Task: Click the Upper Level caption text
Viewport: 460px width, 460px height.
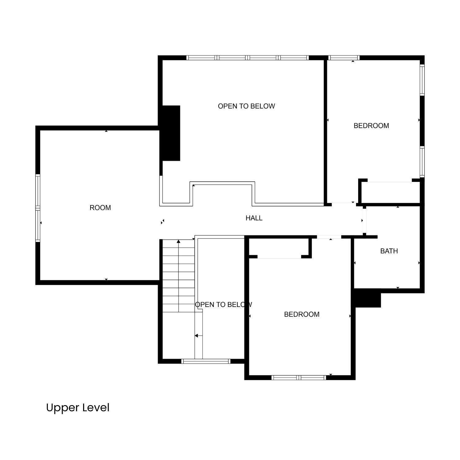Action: click(x=78, y=408)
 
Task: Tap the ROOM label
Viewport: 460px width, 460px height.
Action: click(x=100, y=208)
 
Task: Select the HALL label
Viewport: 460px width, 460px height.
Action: click(x=254, y=218)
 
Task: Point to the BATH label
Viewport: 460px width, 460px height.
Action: click(x=389, y=251)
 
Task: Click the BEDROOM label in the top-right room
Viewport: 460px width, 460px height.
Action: click(x=371, y=125)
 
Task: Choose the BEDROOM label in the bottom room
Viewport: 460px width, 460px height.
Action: click(x=301, y=314)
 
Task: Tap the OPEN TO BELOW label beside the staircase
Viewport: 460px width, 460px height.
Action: click(x=223, y=305)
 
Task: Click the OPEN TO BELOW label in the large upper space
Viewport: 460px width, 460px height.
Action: click(x=246, y=106)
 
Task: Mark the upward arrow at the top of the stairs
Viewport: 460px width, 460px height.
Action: click(x=178, y=242)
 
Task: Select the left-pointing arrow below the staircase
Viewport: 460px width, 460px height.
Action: click(x=198, y=336)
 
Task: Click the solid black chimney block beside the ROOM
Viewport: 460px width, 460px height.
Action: click(x=171, y=133)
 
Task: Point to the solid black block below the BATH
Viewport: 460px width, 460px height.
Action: click(x=367, y=298)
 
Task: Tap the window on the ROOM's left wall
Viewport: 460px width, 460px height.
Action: click(x=38, y=208)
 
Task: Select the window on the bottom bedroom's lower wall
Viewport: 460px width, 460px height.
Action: click(x=299, y=378)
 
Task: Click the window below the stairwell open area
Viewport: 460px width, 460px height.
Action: click(x=206, y=361)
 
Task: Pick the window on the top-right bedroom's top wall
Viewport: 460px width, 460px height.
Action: click(x=343, y=58)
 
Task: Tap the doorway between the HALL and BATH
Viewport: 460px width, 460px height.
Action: click(x=364, y=220)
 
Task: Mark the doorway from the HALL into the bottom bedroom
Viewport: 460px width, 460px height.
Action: click(x=329, y=237)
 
